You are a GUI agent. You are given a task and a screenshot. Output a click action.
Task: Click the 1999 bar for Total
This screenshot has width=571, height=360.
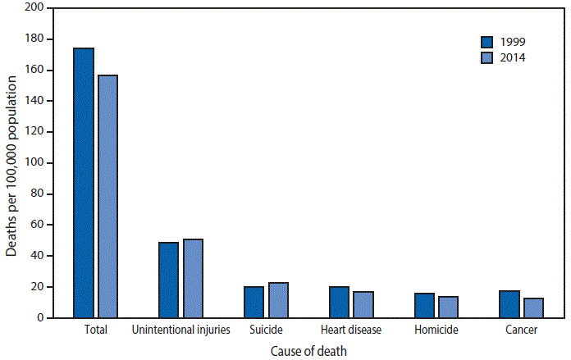pos(84,183)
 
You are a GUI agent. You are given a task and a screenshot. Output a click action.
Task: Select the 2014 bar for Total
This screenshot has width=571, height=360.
pos(107,197)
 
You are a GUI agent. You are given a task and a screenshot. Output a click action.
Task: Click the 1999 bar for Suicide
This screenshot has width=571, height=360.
pos(254,302)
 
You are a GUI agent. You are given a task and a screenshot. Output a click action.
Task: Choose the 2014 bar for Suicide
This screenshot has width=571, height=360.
pos(278,300)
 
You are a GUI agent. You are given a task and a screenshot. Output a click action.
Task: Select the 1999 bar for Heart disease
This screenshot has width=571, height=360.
pos(339,302)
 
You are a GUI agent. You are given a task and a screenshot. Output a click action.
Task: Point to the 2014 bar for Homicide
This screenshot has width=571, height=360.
pos(448,307)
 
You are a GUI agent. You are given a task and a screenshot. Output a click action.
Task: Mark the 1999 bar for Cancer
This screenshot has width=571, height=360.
pos(509,304)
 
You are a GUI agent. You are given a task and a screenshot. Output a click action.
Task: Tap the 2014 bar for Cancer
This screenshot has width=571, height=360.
pos(533,308)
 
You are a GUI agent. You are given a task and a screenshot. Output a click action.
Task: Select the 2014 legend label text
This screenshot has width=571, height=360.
pos(513,58)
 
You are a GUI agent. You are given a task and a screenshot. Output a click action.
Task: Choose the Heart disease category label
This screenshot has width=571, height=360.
pos(351,330)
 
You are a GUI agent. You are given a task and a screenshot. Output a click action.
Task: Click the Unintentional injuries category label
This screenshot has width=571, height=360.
pos(180,330)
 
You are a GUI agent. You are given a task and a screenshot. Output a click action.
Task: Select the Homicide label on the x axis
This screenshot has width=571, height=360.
pos(436,330)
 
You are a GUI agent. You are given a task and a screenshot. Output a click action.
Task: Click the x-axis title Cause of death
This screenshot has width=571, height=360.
pos(308,351)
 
